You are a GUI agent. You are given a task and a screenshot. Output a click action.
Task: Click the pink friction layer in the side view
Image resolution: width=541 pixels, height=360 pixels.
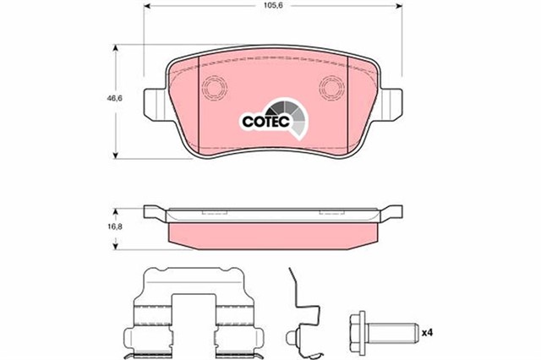coord(271,234)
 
